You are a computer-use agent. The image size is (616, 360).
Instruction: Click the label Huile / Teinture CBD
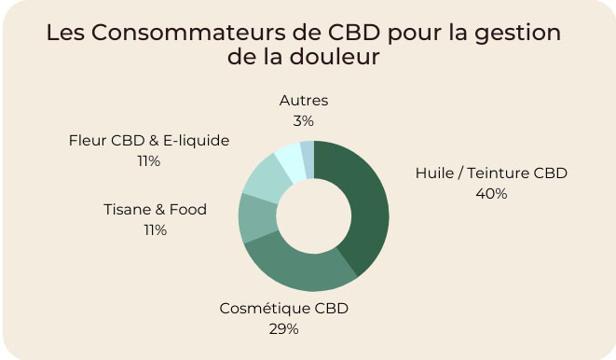(x=490, y=173)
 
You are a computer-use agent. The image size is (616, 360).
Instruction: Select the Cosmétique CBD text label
(x=283, y=308)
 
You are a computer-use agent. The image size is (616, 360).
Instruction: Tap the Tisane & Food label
(x=155, y=210)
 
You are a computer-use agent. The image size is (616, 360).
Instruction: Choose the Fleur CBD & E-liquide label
(x=149, y=141)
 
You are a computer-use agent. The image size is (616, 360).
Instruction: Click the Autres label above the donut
(x=304, y=101)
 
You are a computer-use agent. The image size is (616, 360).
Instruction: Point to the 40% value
(x=490, y=194)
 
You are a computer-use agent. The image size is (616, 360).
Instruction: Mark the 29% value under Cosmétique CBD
(x=283, y=328)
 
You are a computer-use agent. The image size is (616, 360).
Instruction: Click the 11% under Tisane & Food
(x=155, y=230)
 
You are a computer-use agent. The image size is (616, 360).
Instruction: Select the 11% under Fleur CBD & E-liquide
(x=149, y=161)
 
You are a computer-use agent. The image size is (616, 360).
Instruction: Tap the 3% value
(x=304, y=121)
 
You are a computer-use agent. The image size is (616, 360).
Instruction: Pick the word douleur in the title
(x=335, y=57)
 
